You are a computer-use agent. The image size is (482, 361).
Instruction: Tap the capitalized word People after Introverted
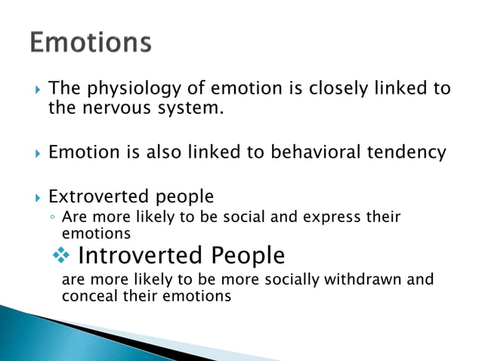pos(248,256)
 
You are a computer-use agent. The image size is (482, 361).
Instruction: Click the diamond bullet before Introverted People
pos(68,256)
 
